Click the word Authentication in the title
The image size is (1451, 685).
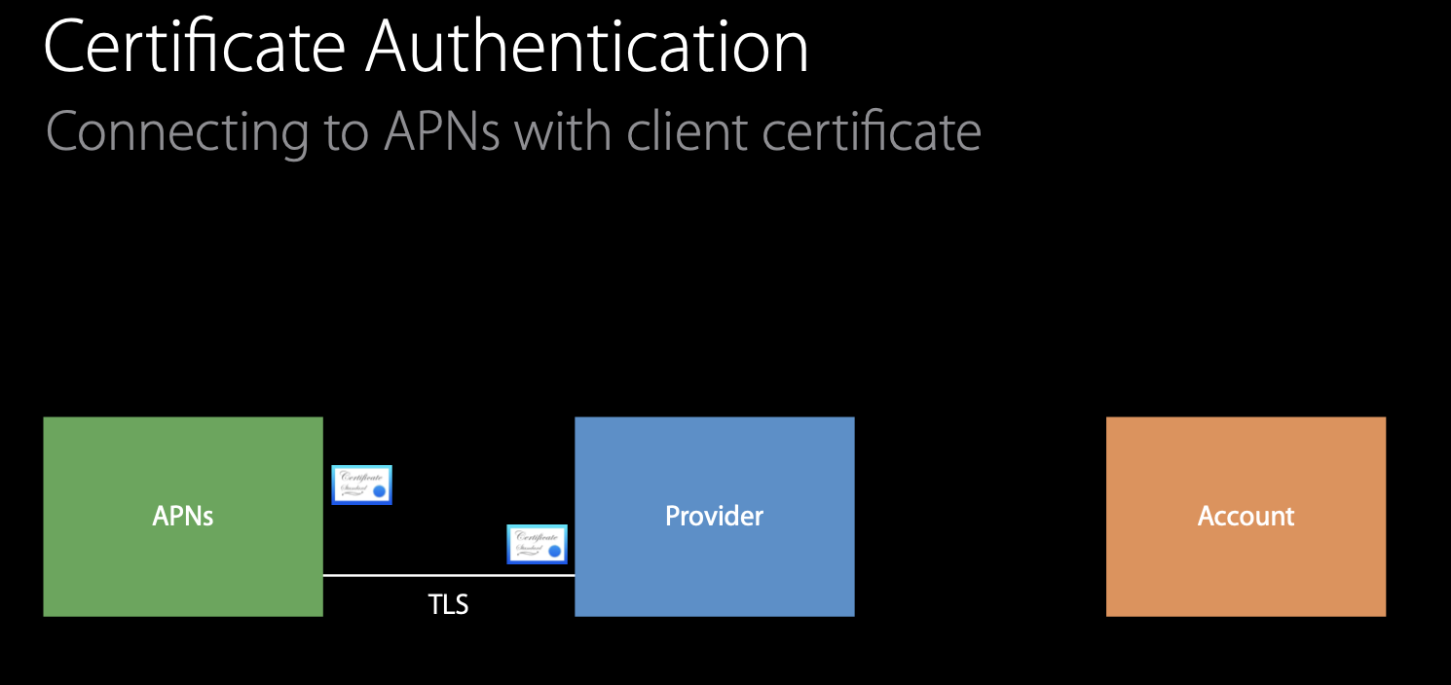tap(586, 47)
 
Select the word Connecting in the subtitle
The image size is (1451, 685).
tap(176, 131)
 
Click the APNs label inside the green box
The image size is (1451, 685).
tap(183, 516)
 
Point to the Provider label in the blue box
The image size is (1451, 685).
tap(714, 516)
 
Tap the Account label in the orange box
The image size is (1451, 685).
tap(1246, 516)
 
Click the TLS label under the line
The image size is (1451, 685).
tap(449, 605)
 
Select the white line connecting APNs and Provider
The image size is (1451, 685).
tap(449, 575)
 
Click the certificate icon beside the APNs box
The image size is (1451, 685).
tap(361, 485)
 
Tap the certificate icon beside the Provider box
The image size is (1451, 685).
tap(537, 544)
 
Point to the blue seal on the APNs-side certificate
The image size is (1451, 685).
tap(380, 492)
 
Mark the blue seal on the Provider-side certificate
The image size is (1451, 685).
tap(555, 552)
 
